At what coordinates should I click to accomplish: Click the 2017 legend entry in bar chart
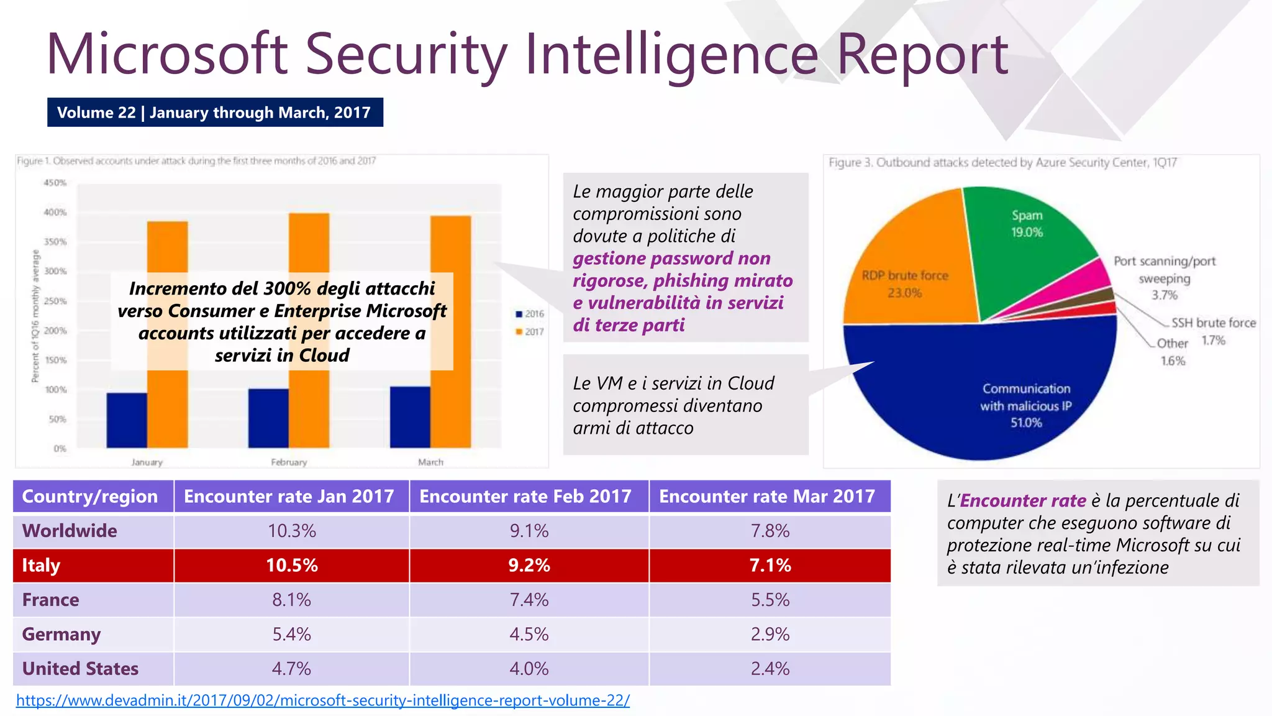(530, 332)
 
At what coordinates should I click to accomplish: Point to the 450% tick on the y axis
(55, 183)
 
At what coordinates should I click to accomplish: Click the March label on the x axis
(430, 462)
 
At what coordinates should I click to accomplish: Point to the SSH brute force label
(1213, 323)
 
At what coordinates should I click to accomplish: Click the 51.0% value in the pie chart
(1025, 423)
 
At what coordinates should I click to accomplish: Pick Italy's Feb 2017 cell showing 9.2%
(529, 566)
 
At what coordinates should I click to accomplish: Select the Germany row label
(61, 635)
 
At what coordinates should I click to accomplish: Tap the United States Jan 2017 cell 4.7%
(291, 669)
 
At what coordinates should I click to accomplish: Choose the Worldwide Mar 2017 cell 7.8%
(770, 531)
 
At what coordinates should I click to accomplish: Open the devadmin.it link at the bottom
(322, 700)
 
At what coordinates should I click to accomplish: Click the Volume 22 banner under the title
(214, 112)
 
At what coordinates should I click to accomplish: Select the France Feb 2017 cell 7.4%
(529, 600)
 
